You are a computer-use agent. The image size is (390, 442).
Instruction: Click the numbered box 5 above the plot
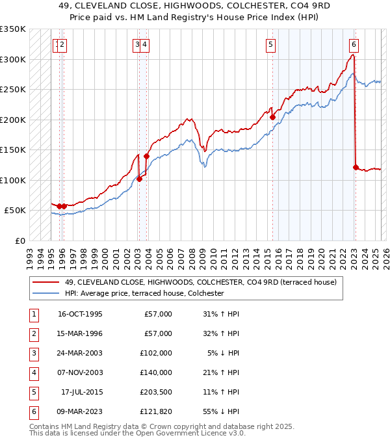coord(270,44)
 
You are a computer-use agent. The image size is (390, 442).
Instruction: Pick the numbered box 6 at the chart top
coord(354,44)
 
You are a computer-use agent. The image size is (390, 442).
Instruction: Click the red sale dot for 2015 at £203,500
coord(272,118)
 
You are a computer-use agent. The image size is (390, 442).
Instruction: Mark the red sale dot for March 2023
coord(356,167)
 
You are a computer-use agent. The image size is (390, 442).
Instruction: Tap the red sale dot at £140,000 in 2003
coord(147,156)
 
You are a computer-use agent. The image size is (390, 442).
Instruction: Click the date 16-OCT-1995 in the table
coord(80,314)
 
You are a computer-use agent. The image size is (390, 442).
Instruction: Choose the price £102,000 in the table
coord(157,353)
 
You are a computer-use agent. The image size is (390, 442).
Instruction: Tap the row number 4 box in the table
coord(32,372)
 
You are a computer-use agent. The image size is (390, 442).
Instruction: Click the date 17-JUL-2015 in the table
coord(80,392)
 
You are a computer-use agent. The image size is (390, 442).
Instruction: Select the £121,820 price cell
coord(157,411)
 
